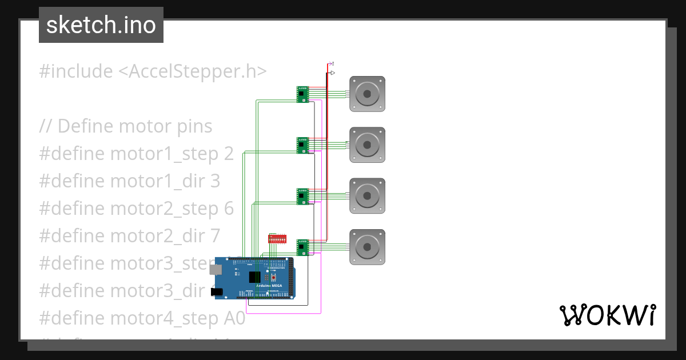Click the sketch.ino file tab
[101, 25]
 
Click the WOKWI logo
[607, 315]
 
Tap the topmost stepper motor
[367, 94]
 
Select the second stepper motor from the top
[367, 145]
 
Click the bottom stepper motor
[367, 247]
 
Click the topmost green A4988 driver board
[302, 94]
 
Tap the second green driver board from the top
[302, 145]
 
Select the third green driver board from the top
[302, 196]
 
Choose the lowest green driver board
[302, 247]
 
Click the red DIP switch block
[277, 238]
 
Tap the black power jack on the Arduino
[217, 292]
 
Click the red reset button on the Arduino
[273, 278]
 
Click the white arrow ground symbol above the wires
[332, 73]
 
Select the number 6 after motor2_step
[229, 209]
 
